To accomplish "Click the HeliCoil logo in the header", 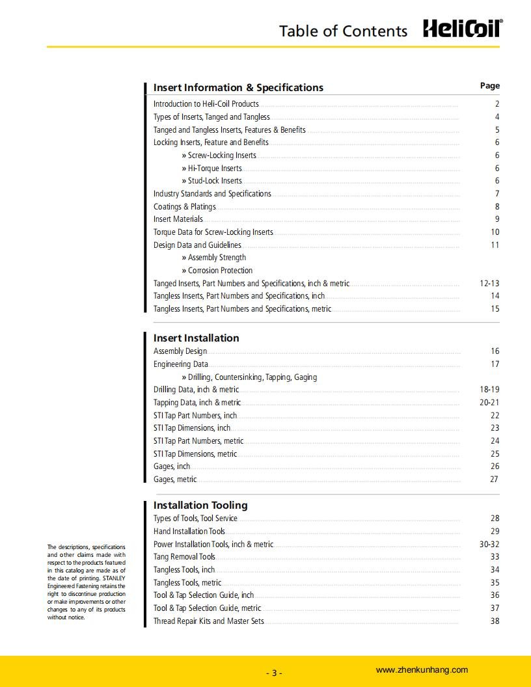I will click(463, 29).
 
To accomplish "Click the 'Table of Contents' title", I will click(343, 31).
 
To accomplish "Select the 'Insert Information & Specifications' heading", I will click(238, 87).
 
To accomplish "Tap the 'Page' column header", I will click(489, 86).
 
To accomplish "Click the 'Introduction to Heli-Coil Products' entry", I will click(206, 104).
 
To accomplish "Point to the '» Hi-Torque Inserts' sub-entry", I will click(211, 168).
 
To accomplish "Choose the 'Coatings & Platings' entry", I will click(184, 206).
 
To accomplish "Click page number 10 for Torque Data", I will click(495, 232).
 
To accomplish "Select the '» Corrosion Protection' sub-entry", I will click(217, 271).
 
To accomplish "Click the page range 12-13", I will click(489, 284).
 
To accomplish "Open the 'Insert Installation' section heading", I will click(196, 338).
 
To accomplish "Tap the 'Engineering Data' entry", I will click(181, 364).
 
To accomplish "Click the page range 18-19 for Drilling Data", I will click(489, 390).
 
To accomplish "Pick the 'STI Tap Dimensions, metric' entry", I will click(195, 454).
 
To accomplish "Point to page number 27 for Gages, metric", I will click(494, 479).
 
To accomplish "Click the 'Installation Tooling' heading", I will click(200, 505).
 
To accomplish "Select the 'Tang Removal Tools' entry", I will click(184, 557).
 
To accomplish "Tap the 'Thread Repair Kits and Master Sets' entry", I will click(209, 621).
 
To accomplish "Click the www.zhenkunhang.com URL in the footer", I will click(422, 670).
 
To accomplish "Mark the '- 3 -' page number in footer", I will click(274, 673).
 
